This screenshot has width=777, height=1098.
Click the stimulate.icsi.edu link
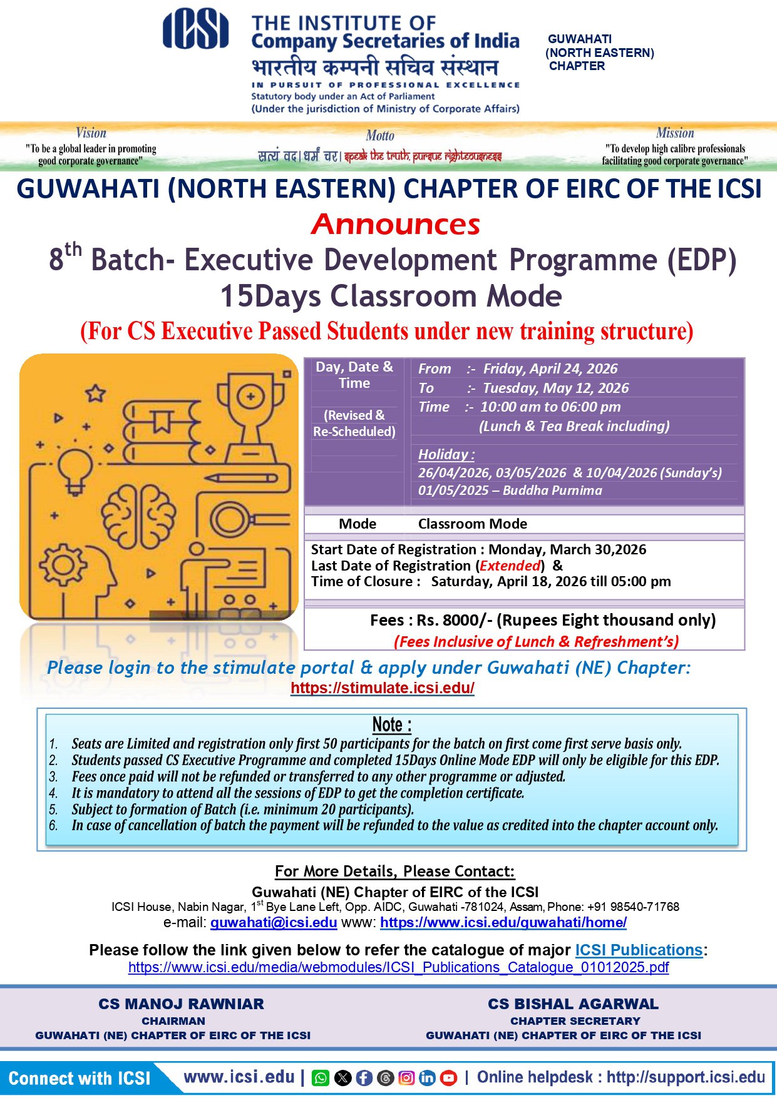point(383,688)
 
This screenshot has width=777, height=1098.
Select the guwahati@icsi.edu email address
point(274,922)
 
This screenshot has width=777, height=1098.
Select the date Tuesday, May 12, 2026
point(555,388)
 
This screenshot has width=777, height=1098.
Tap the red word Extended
point(510,566)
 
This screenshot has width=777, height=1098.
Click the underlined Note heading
point(392,724)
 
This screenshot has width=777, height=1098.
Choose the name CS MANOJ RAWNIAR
point(181,1004)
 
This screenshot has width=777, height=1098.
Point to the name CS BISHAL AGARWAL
point(573,1004)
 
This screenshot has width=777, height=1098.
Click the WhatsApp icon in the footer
point(320,1077)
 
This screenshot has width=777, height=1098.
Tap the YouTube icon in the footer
point(448,1077)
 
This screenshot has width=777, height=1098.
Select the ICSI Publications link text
point(639,950)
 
